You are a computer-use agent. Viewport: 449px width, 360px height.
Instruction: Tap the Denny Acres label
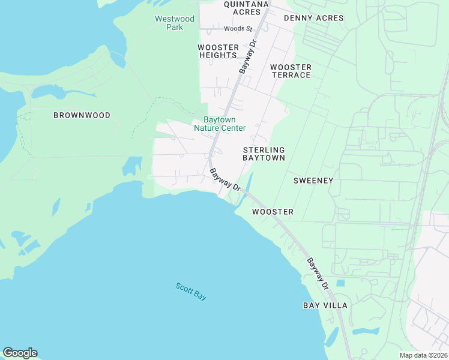(313, 18)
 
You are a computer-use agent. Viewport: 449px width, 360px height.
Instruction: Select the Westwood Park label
(175, 23)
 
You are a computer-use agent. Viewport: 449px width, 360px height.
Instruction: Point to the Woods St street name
(238, 28)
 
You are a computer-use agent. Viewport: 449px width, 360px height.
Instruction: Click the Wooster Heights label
(218, 51)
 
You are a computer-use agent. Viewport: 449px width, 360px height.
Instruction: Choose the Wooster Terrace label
(291, 71)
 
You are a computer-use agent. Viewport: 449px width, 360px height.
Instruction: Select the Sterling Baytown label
(264, 153)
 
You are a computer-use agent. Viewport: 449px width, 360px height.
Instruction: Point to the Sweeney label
(313, 180)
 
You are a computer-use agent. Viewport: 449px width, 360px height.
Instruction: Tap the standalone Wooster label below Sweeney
(273, 212)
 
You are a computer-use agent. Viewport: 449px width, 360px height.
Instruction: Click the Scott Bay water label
(191, 291)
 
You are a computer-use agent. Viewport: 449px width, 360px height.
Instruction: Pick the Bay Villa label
(325, 305)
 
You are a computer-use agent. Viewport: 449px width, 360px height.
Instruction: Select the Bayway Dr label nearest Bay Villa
(318, 274)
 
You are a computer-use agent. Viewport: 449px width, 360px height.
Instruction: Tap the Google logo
(20, 353)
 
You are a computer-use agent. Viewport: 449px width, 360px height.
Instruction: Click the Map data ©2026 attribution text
(423, 355)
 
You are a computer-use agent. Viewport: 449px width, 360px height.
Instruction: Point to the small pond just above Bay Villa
(340, 283)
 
